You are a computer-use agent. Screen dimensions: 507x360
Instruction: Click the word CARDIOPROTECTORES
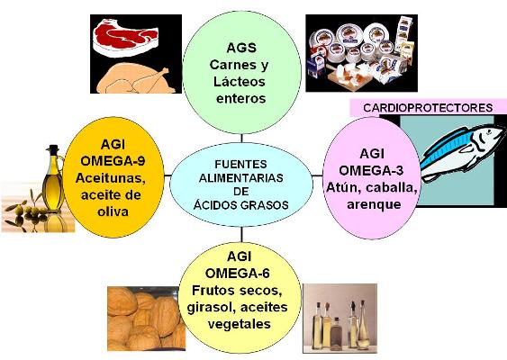pos(428,108)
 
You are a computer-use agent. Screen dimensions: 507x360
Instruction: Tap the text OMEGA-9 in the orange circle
pos(113,161)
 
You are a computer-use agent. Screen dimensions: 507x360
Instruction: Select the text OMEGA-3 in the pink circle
pos(371,170)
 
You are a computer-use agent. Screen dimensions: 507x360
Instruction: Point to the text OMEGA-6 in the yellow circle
pos(238,274)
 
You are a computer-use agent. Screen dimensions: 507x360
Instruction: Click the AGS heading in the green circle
pos(241,49)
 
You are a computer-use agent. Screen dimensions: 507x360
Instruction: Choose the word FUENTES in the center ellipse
pos(240,164)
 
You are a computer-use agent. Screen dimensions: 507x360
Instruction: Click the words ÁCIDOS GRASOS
pos(240,205)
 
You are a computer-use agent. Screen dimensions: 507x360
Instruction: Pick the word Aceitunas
pos(110,178)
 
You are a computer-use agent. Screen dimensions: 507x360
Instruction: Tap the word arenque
pos(374,204)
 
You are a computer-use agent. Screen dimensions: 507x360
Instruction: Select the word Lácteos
pos(240,82)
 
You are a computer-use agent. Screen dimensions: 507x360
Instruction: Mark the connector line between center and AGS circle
pos(241,139)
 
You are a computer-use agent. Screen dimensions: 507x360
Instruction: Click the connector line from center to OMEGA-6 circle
pos(241,235)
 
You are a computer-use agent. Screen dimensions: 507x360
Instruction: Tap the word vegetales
pos(240,324)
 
